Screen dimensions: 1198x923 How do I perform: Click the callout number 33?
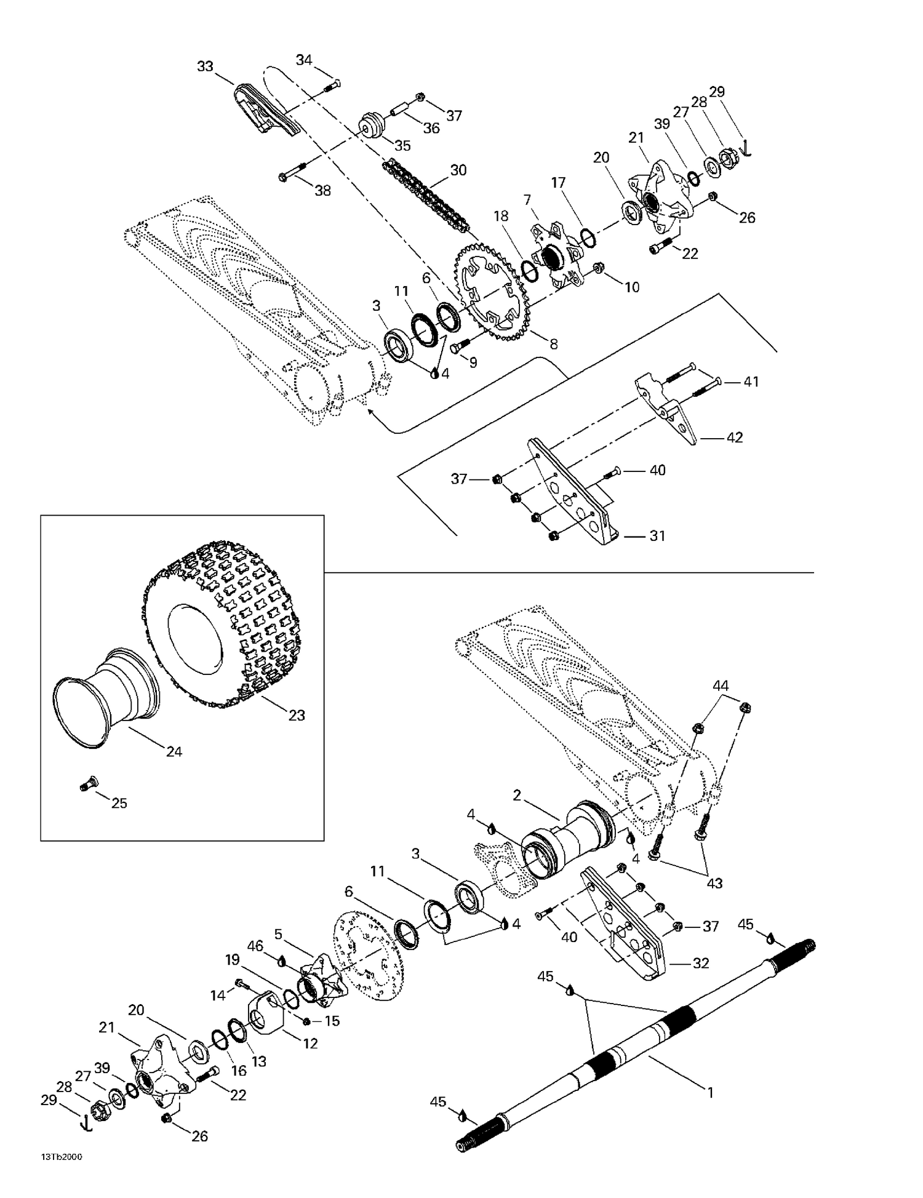(205, 66)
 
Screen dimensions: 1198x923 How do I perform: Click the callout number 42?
(734, 437)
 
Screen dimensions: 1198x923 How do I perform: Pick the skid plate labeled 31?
(575, 492)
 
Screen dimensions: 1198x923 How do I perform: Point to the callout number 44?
(721, 685)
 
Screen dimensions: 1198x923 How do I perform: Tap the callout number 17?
(558, 183)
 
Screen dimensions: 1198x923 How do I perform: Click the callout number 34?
(304, 60)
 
